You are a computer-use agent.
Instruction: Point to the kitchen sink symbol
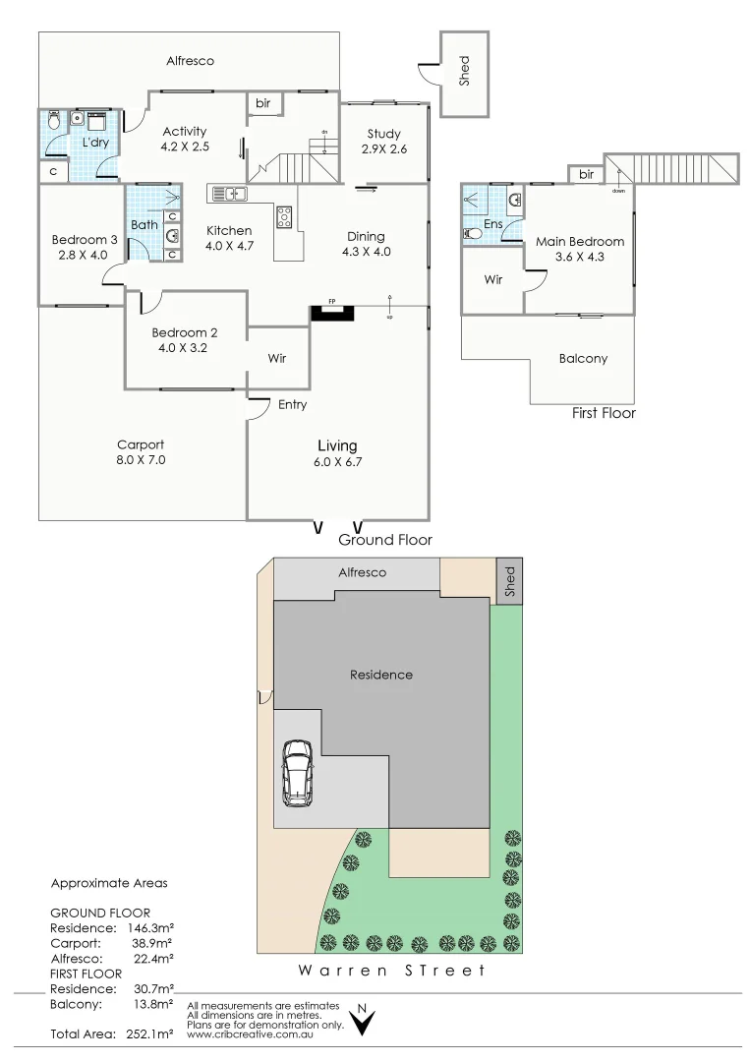pyautogui.click(x=227, y=194)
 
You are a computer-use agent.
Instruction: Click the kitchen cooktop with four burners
pyautogui.click(x=285, y=216)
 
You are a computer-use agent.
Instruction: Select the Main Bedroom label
pyautogui.click(x=580, y=241)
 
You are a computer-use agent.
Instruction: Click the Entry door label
pyautogui.click(x=292, y=404)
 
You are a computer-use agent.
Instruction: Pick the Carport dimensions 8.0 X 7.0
pyautogui.click(x=141, y=459)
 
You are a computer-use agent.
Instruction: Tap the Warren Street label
pyautogui.click(x=392, y=971)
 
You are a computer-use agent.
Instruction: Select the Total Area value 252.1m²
pyautogui.click(x=149, y=1033)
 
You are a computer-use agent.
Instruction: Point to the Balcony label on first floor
pyautogui.click(x=583, y=359)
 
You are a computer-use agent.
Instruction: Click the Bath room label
pyautogui.click(x=144, y=225)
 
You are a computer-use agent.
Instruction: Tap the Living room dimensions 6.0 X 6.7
pyautogui.click(x=337, y=462)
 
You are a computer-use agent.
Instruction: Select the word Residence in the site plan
pyautogui.click(x=381, y=675)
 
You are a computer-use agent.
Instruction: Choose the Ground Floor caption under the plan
pyautogui.click(x=385, y=540)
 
